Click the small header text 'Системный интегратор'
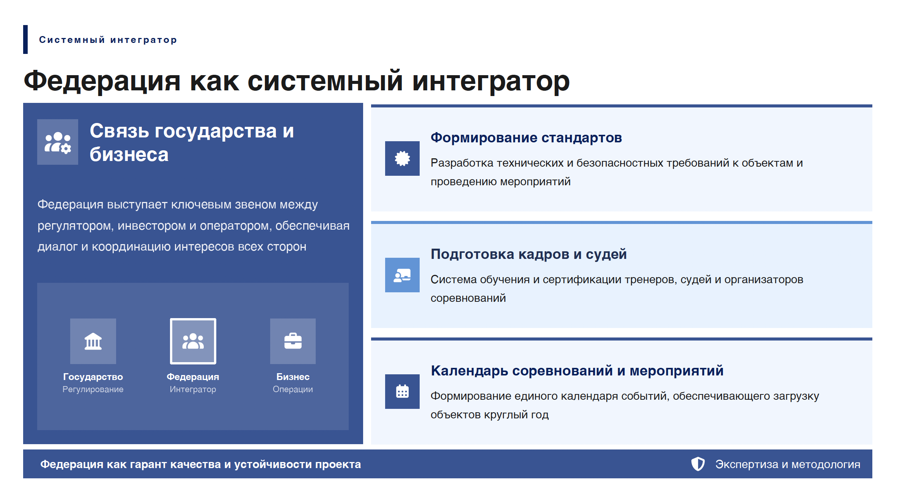coord(108,40)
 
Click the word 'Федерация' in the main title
coord(102,81)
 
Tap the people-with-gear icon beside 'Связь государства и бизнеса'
coord(58,142)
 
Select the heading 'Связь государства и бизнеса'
coord(192,142)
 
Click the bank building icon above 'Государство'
coord(93,341)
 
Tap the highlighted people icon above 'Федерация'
coord(193,341)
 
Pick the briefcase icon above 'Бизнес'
coord(293,341)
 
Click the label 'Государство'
coord(93,377)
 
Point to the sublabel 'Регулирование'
coord(93,389)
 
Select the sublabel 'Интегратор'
coord(193,389)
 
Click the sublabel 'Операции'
coord(293,389)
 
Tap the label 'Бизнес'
coord(293,377)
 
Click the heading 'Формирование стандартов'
coord(526,138)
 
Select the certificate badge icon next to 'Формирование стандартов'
coord(402,158)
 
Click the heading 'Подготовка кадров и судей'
coord(529,254)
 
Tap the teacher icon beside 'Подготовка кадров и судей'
coord(402,275)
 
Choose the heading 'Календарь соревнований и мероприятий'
coord(577,371)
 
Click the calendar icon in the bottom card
coord(402,391)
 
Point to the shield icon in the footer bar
coord(698,464)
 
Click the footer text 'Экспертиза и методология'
coord(788,464)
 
